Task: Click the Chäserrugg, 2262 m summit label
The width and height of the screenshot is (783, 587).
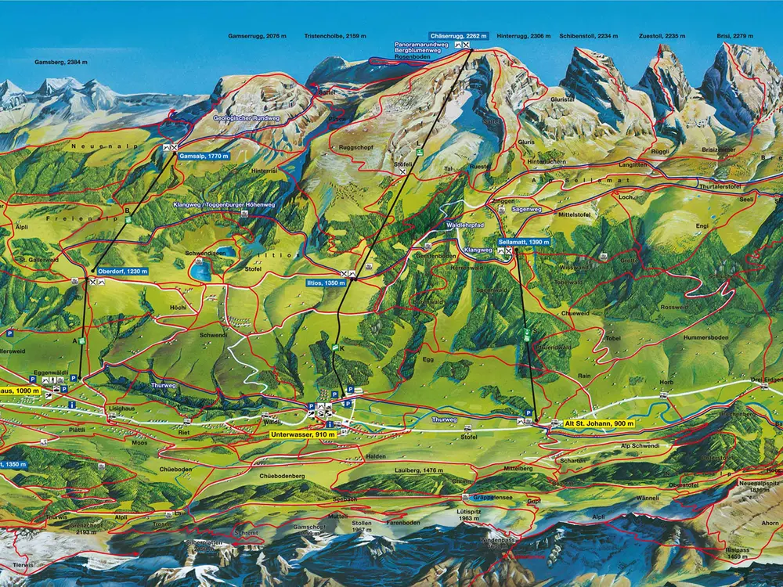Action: click(459, 36)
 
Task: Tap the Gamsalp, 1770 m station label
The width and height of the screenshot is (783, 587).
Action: click(204, 157)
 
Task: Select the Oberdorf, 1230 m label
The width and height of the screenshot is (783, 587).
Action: click(123, 271)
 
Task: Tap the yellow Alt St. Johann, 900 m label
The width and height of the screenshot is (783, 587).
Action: click(599, 423)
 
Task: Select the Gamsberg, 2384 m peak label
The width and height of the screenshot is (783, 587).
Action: click(61, 62)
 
